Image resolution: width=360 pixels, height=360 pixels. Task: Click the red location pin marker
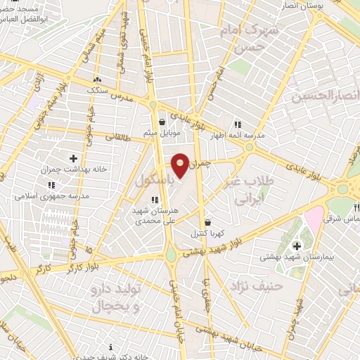181,165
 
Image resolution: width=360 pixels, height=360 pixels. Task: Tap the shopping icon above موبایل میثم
163,122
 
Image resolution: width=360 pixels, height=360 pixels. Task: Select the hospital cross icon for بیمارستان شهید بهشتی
297,245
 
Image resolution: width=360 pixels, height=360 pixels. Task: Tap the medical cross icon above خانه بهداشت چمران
74,158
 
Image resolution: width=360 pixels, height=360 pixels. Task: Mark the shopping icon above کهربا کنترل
206,222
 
